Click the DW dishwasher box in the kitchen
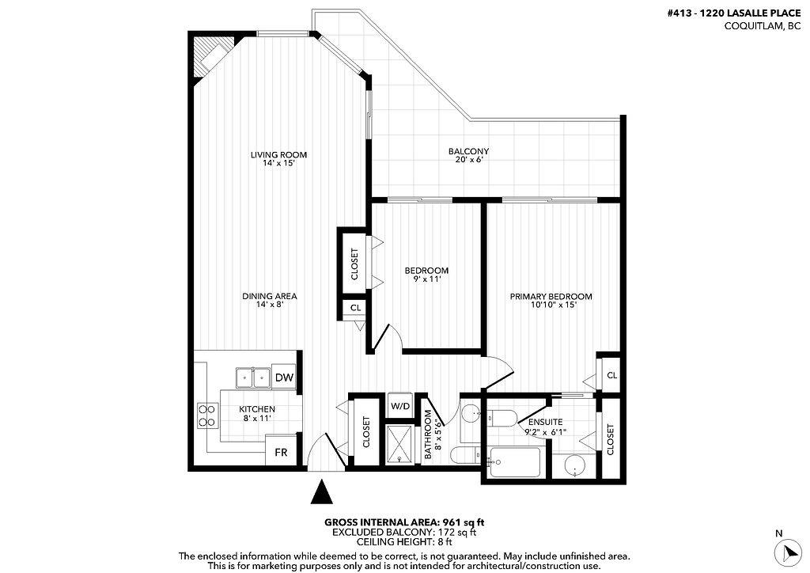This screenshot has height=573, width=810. coord(285,378)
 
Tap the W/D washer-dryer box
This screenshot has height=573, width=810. coord(401,406)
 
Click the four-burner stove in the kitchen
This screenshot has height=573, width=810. coord(207,416)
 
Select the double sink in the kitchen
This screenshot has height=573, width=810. coord(253,378)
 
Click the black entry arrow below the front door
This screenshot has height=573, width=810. coord(320,492)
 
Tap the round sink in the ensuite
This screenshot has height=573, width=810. coord(575,467)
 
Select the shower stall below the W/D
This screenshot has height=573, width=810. coord(401,442)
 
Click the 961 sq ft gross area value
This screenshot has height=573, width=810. coord(464,522)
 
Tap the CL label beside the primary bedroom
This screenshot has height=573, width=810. coord(611,375)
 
